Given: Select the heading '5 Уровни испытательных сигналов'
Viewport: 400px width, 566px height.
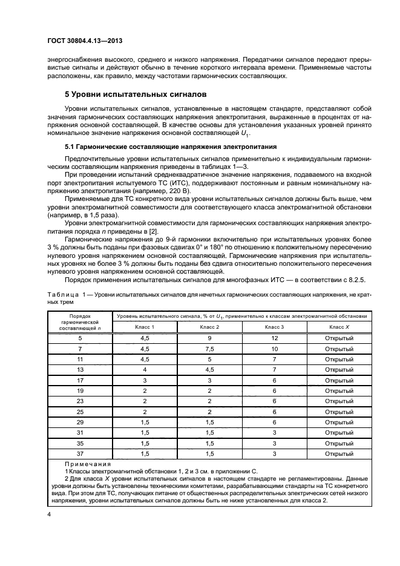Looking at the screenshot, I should coord(136,95).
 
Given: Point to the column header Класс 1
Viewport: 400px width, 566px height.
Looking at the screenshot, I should coord(144,327).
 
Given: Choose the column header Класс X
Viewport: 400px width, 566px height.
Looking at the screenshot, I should coord(339,327).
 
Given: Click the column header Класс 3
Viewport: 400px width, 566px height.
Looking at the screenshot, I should coord(274,327).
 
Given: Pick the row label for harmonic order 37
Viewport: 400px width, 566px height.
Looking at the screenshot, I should coord(80,453).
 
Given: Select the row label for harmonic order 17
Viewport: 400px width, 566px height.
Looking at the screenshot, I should coord(80,380).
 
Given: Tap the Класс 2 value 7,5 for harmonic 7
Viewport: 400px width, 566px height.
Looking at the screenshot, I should coord(209,348).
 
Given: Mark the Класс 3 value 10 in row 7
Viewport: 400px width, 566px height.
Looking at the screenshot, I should coord(274,348).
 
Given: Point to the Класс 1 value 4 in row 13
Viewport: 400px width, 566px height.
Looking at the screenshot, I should coord(144,369).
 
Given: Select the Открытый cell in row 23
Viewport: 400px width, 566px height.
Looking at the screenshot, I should coord(339,401).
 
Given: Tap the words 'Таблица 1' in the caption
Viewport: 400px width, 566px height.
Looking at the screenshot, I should coord(68,293).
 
